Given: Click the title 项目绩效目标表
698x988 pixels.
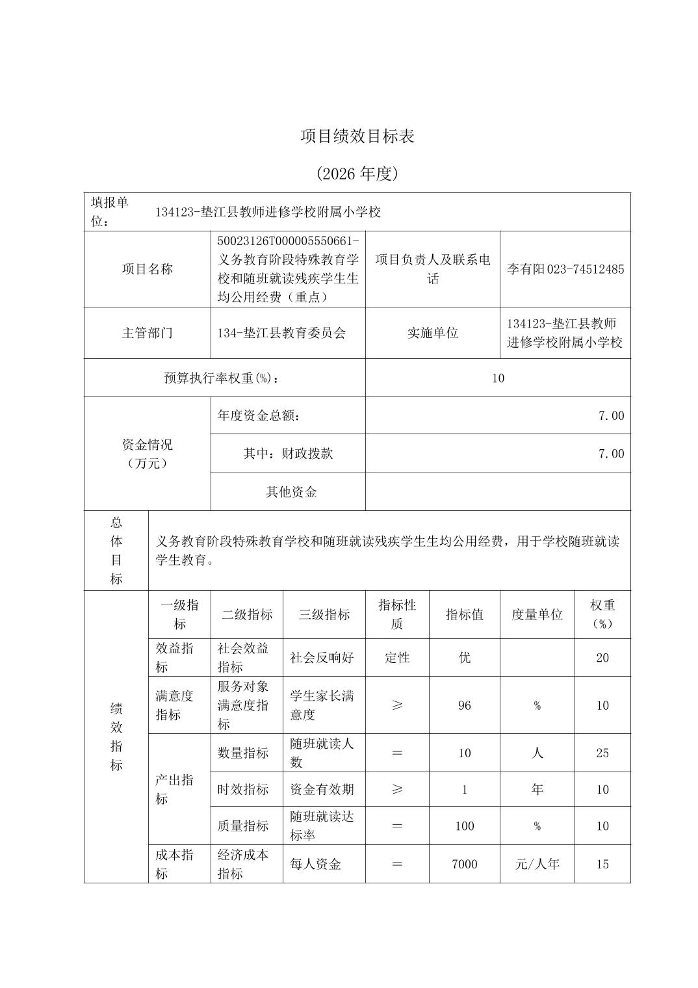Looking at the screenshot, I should coord(357,136).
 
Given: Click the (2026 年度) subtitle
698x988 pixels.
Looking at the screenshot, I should coord(357,174).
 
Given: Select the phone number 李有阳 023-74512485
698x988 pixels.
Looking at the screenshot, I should coord(565,269).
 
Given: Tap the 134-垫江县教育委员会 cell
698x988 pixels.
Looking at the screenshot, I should coord(281,333).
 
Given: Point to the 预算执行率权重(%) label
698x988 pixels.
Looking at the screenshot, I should coord(224,378).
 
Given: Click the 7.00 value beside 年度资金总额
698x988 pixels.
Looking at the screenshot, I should coord(611,416).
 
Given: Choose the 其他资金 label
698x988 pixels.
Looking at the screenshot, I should coord(291,492).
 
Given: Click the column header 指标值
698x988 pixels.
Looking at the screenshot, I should coord(464,614).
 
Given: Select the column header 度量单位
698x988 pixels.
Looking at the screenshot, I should coord(537,614).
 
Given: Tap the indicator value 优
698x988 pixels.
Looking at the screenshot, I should coord(464,657).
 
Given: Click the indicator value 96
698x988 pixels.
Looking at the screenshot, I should coord(464,705).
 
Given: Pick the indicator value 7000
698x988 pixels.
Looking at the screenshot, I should coord(464,864).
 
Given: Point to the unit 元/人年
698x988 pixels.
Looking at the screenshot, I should coord(537,864).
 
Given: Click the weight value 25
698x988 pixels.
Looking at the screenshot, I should coord(602,753).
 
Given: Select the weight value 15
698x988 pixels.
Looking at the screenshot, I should coord(602,864).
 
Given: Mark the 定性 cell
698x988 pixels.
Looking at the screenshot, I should coord(397,657).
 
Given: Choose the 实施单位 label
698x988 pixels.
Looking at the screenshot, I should coord(432,333).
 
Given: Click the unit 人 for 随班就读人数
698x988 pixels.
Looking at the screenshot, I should coord(537,753).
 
